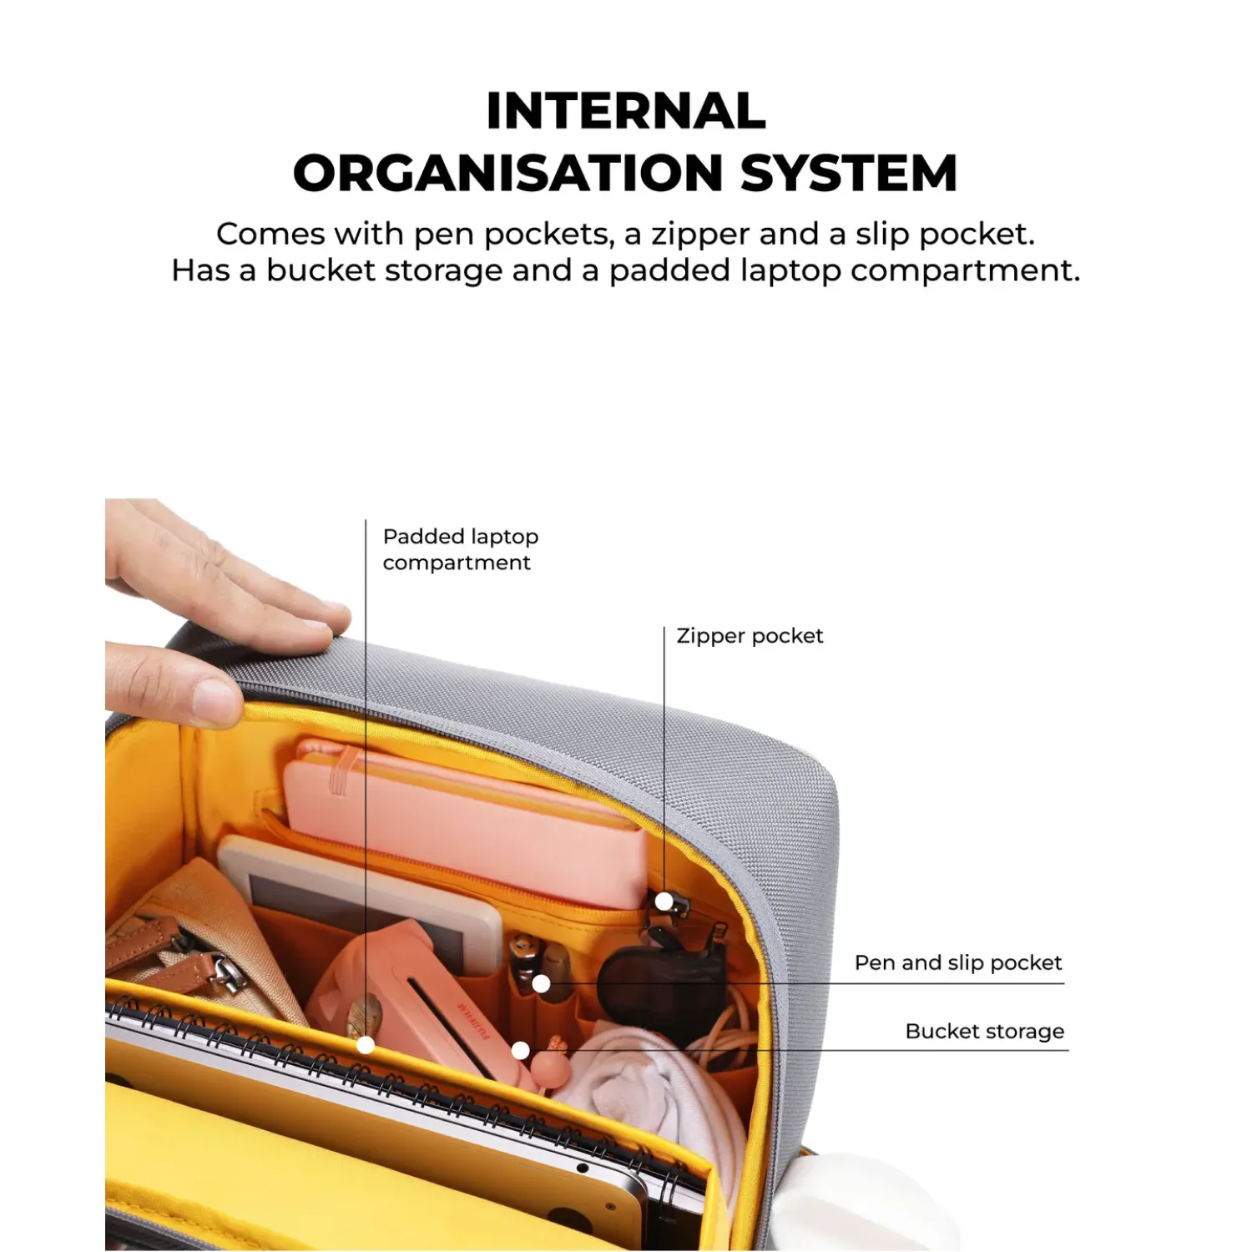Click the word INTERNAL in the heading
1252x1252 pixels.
tap(626, 111)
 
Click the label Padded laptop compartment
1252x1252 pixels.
tap(460, 549)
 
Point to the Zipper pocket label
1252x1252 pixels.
tap(750, 636)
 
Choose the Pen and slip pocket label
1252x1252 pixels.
tap(958, 962)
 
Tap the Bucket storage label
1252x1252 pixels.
tap(985, 1031)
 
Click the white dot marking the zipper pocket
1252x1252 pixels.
tap(664, 901)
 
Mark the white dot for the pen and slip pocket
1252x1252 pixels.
tap(541, 984)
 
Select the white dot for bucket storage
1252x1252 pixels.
tap(520, 1050)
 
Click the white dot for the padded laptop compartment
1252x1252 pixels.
tap(366, 1044)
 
